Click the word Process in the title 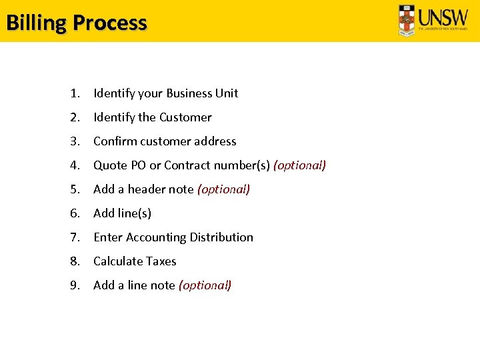click(110, 23)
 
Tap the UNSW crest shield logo click(407, 20)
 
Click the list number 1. click(74, 93)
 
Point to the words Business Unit click(202, 93)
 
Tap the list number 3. click(74, 141)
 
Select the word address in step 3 click(214, 141)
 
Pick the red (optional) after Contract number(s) click(299, 165)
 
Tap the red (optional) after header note click(223, 189)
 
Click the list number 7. click(74, 237)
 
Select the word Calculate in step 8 click(117, 261)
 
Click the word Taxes click(160, 261)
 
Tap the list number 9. click(74, 285)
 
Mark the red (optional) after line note click(205, 285)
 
